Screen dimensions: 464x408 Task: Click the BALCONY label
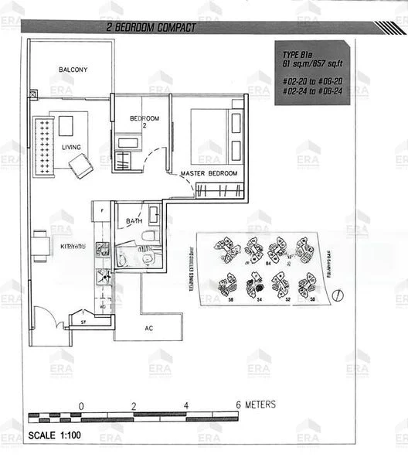click(x=73, y=70)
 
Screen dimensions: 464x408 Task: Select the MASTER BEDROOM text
click(x=209, y=174)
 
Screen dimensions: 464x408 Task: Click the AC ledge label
click(x=149, y=327)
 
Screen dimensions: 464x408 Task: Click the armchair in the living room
click(x=80, y=165)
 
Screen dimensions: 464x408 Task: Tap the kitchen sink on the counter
click(x=101, y=249)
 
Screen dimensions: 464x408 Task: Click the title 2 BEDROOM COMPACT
click(x=152, y=28)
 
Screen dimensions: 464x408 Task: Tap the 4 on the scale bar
click(x=185, y=405)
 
